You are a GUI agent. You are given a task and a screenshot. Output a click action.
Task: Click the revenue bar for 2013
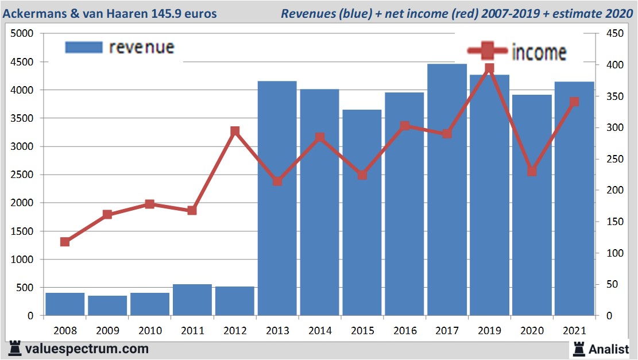[277, 198]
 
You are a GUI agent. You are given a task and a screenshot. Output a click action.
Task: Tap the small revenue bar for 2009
[107, 305]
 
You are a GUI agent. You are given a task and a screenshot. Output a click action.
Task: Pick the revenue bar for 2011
[192, 300]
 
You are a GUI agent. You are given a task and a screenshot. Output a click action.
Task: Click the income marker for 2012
[235, 131]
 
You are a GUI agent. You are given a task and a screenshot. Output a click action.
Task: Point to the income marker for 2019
[489, 69]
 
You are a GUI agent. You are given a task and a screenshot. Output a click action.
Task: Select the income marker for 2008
[65, 242]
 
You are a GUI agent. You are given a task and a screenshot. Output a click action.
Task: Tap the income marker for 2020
[532, 171]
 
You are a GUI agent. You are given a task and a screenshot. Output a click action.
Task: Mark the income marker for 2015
[362, 175]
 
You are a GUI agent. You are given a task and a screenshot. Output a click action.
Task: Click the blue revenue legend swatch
[84, 47]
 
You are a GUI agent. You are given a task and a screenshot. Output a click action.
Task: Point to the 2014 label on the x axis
[319, 331]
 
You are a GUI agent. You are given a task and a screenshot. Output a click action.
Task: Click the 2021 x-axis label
[574, 331]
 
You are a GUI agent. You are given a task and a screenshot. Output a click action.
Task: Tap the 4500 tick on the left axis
[24, 62]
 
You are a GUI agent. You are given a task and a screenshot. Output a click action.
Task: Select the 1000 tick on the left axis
[24, 260]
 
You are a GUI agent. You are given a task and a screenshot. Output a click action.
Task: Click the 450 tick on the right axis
[606, 34]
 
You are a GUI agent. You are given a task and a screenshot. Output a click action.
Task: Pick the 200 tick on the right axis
[606, 191]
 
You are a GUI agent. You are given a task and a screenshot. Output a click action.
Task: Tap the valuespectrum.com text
[86, 349]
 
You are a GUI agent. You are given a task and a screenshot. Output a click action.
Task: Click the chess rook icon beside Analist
[579, 349]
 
